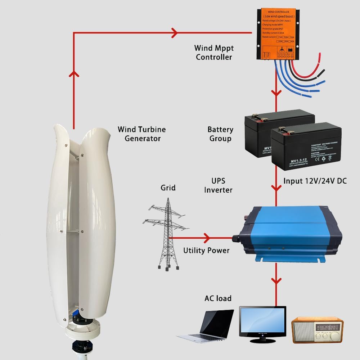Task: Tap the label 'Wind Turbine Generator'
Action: [142, 134]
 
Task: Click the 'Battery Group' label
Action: [220, 134]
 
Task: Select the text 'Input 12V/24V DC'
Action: [315, 181]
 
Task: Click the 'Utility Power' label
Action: [206, 250]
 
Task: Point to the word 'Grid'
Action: [168, 188]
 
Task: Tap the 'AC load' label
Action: [218, 298]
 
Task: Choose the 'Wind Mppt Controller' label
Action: [213, 52]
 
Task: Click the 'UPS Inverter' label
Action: [218, 185]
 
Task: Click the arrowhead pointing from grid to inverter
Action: [207, 238]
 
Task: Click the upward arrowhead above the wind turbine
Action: [74, 74]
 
